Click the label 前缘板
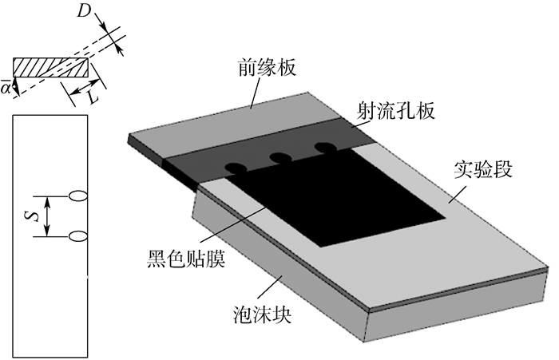click(x=266, y=68)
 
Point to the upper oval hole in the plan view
click(x=78, y=194)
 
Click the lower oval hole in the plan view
click(x=78, y=235)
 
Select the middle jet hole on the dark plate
click(x=279, y=158)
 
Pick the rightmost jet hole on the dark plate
click(x=323, y=148)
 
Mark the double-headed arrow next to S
click(x=48, y=215)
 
